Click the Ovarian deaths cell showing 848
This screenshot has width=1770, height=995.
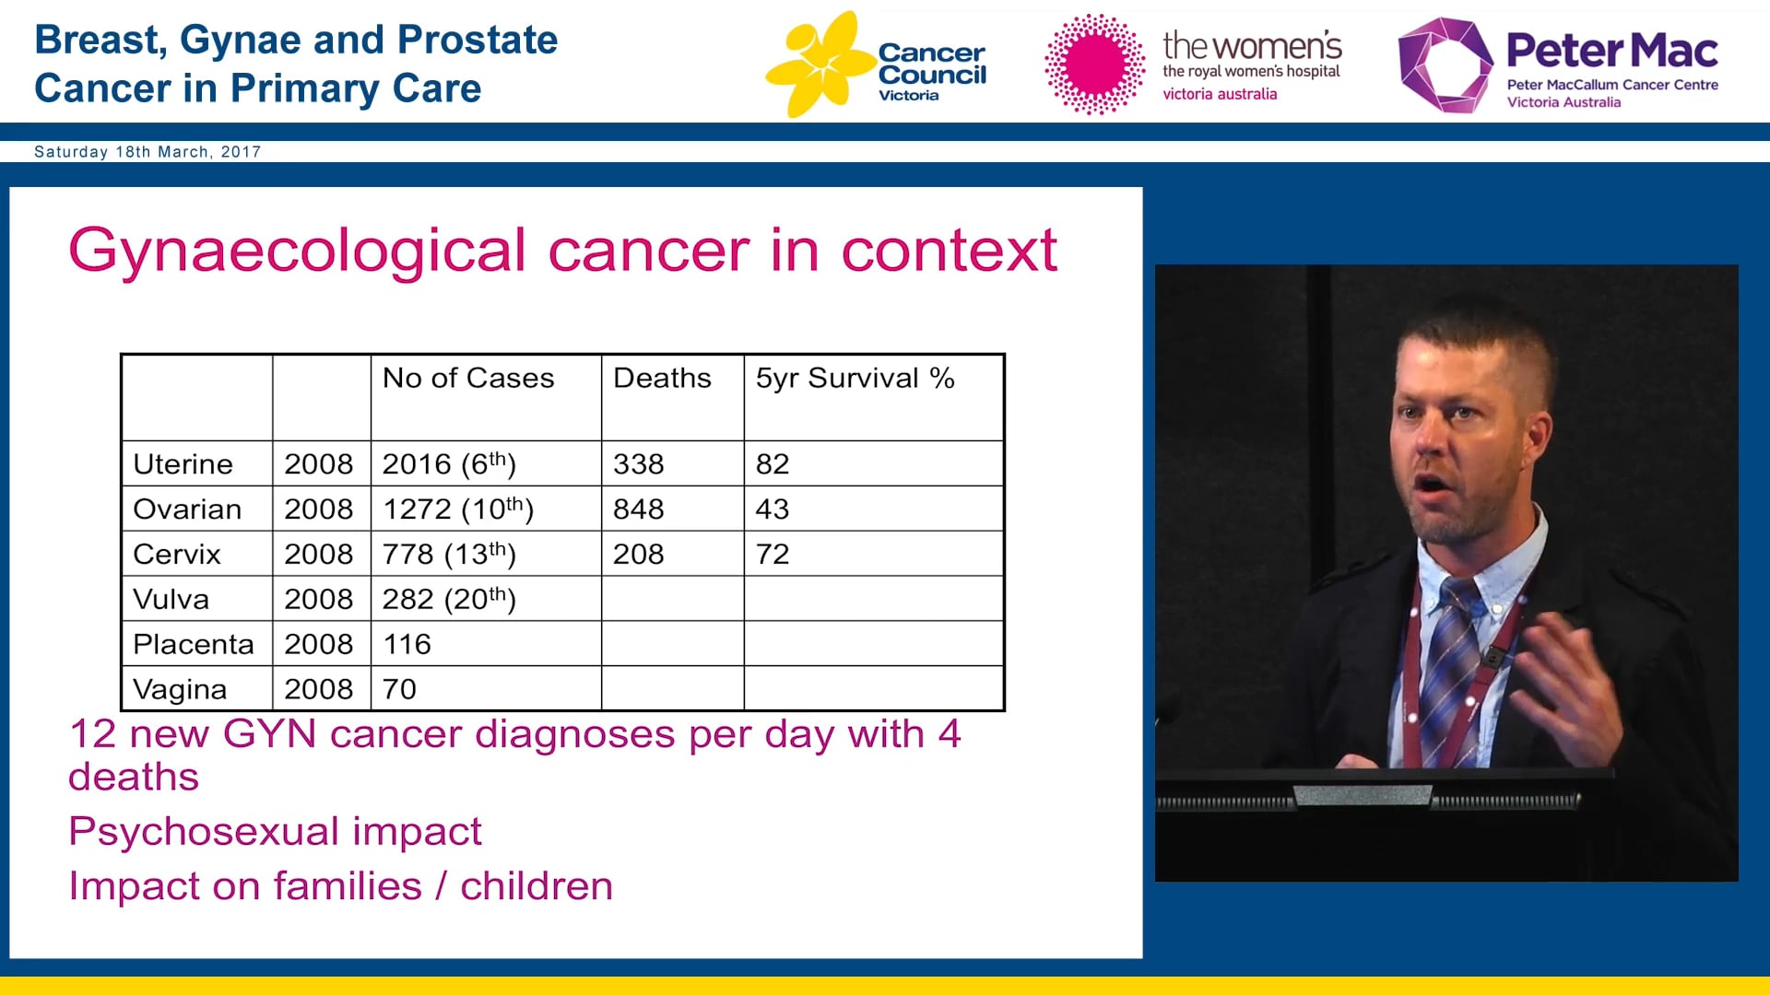point(639,509)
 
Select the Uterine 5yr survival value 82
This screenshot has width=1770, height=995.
point(773,464)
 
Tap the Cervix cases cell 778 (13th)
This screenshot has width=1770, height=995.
point(449,555)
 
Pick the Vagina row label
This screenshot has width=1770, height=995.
point(180,689)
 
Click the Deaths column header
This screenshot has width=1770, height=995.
point(662,379)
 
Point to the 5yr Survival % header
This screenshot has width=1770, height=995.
point(855,379)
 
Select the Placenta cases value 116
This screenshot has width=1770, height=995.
point(407,644)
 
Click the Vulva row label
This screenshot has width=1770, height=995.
point(171,600)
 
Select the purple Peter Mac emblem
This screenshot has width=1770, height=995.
point(1443,64)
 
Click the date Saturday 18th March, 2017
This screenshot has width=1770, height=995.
point(147,152)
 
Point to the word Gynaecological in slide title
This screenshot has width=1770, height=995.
point(297,251)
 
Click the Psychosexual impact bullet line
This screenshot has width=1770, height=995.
point(275,832)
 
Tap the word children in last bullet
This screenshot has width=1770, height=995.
point(537,886)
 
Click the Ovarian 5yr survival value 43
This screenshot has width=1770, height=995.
point(773,509)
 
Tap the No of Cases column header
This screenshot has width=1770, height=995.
point(468,379)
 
